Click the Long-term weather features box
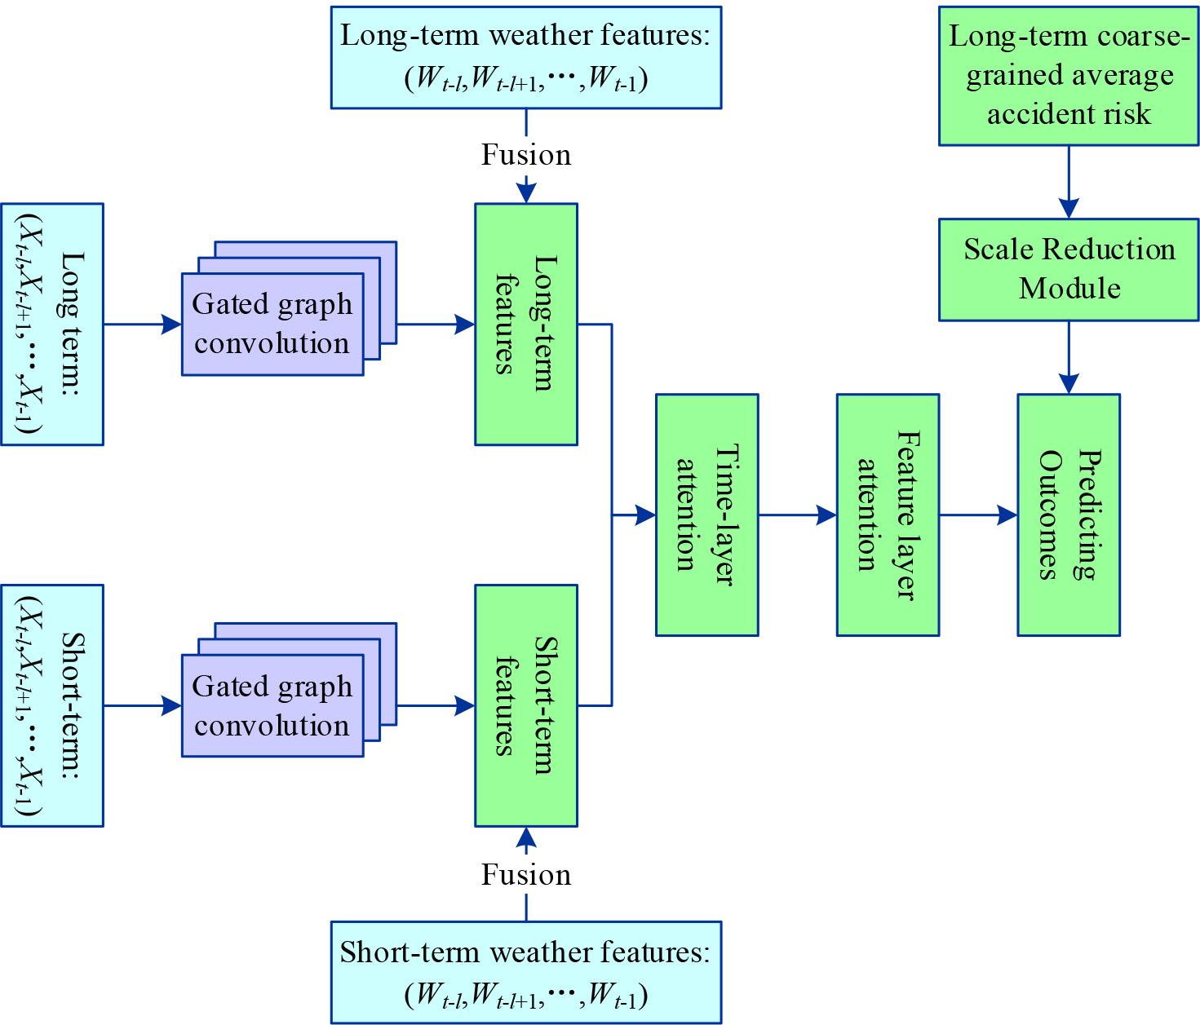click(525, 57)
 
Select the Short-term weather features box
click(525, 972)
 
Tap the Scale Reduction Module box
click(1069, 269)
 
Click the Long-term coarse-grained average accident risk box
click(1069, 76)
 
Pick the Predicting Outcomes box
click(1068, 515)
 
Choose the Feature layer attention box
click(888, 515)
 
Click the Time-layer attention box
click(707, 515)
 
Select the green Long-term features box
click(526, 324)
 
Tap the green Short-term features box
click(526, 705)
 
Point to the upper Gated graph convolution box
click(272, 324)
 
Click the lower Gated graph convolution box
click(272, 705)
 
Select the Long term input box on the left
click(52, 324)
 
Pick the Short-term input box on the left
click(52, 705)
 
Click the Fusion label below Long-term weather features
click(526, 155)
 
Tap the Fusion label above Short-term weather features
click(526, 875)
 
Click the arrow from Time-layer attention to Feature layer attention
click(797, 515)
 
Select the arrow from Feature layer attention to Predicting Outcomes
click(977, 515)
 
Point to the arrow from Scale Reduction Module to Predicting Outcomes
click(1069, 356)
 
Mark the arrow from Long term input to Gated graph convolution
click(142, 324)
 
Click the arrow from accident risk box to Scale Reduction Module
click(1069, 182)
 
